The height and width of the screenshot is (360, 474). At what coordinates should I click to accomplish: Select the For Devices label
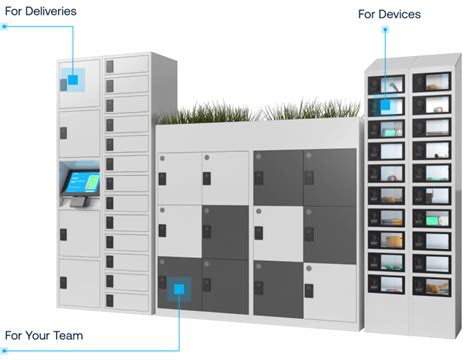pyautogui.click(x=389, y=14)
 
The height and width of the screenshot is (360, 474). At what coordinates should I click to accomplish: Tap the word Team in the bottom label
pyautogui.click(x=67, y=335)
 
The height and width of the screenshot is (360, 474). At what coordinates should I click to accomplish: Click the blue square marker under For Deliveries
pyautogui.click(x=72, y=79)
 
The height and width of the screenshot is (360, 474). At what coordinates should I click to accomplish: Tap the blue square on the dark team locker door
pyautogui.click(x=180, y=290)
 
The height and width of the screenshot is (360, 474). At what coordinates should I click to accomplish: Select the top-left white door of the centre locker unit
pyautogui.click(x=180, y=177)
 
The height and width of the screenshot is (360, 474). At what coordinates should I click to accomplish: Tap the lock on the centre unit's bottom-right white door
pyautogui.click(x=309, y=289)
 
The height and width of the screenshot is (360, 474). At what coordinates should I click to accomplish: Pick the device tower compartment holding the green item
pyautogui.click(x=434, y=218)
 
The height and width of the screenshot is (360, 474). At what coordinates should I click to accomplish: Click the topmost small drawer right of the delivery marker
pyautogui.click(x=127, y=65)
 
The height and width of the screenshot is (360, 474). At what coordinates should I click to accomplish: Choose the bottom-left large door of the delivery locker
pyautogui.click(x=78, y=285)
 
